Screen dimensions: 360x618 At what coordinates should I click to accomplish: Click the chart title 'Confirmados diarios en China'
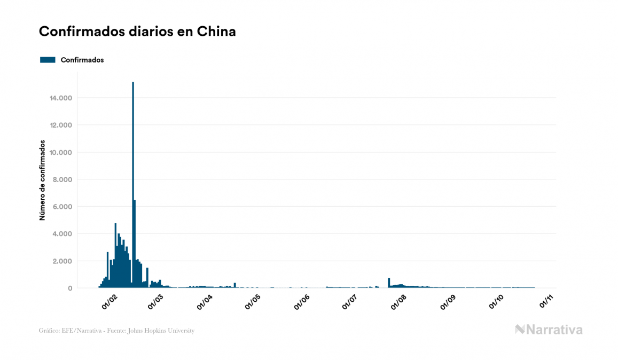(137, 32)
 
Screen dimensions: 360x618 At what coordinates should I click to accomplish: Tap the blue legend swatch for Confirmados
(48, 60)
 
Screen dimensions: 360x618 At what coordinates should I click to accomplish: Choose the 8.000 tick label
(61, 179)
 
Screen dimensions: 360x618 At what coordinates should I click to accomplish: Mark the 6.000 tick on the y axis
(61, 207)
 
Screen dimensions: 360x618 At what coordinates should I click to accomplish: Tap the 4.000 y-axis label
(61, 234)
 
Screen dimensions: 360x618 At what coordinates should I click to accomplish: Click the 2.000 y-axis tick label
(61, 261)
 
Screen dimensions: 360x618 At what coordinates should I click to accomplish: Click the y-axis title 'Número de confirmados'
(42, 181)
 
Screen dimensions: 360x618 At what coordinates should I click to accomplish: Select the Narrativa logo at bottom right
(549, 330)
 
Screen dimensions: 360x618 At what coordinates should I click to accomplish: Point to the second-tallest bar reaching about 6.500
(135, 243)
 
